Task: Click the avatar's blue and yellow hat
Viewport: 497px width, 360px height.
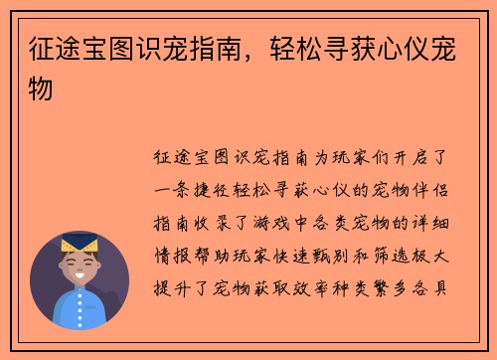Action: [x=79, y=244]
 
